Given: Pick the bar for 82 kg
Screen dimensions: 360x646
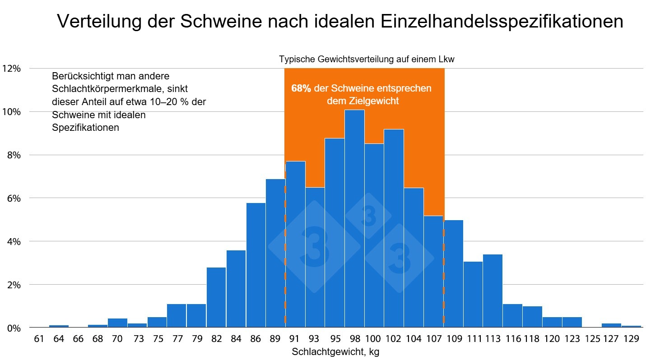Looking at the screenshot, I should [216, 297].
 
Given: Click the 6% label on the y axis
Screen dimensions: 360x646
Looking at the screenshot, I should [13, 198].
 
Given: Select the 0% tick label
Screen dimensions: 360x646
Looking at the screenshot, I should [13, 328].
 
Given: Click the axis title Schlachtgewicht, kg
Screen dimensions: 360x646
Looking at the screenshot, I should [335, 352].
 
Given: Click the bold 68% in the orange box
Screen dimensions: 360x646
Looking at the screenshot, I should [301, 88].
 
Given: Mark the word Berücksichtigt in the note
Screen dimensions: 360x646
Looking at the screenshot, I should [79, 76].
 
